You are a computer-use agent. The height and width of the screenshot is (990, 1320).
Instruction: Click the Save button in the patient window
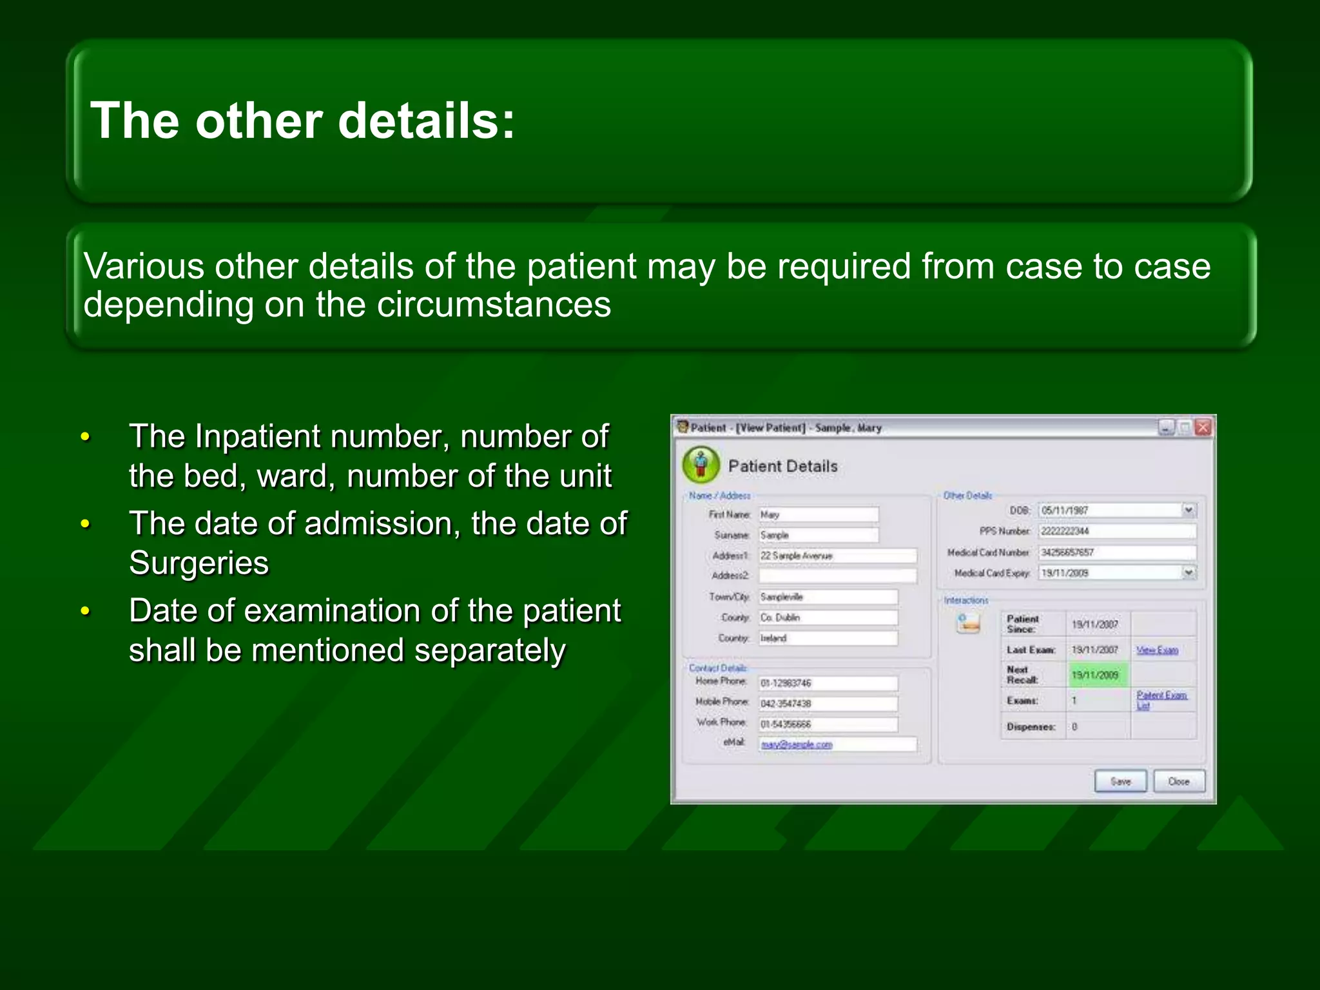1120,781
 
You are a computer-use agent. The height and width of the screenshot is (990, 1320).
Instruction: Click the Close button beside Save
1179,781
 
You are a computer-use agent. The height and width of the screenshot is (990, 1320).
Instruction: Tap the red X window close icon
1203,427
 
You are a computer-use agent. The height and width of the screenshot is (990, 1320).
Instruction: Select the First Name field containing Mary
818,514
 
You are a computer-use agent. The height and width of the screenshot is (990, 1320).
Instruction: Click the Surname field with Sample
818,535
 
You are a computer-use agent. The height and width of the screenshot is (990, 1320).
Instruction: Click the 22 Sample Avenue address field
837,556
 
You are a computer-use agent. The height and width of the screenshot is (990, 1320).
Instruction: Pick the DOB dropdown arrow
1189,510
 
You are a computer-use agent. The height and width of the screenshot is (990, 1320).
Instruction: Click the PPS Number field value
1117,531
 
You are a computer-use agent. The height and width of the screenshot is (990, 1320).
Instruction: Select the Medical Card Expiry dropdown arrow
1189,572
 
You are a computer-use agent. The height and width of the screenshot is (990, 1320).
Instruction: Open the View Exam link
1157,650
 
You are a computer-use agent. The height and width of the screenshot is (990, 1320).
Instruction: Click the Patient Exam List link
1161,699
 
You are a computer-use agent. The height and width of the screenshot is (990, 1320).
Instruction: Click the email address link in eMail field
797,744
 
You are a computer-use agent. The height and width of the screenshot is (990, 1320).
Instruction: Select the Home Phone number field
828,683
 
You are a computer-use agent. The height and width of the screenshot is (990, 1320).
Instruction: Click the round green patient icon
701,465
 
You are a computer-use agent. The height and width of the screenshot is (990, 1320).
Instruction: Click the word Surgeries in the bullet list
199,563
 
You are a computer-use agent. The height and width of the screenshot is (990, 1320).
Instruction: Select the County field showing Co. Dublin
828,617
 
